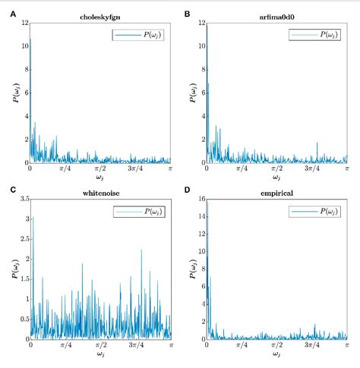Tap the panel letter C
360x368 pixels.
pos(6,190)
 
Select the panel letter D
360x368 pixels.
pos(187,190)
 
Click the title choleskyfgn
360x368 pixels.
pos(100,15)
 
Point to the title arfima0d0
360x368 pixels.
pos(277,15)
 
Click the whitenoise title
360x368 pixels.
pos(100,192)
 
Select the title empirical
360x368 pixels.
pos(277,192)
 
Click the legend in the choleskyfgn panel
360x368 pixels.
pos(141,35)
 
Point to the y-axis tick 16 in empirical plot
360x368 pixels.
pos(199,199)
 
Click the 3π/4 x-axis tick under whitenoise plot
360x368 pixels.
pos(136,345)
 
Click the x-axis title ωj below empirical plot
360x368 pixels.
pos(277,355)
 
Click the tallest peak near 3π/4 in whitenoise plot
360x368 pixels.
pos(141,250)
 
